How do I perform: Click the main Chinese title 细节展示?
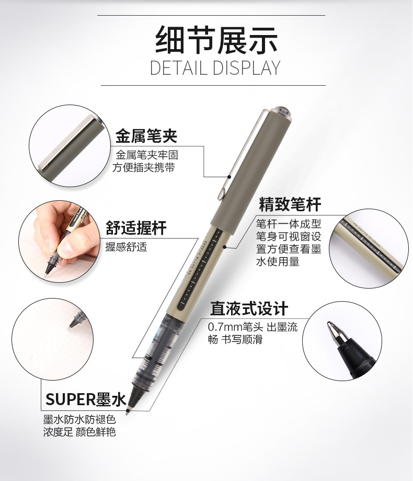tap(216, 40)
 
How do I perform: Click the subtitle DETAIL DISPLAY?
tap(215, 68)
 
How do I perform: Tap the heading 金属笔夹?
tap(146, 135)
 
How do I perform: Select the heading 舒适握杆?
tap(136, 227)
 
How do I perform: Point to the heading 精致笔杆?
tap(290, 204)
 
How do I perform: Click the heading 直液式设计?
tap(249, 308)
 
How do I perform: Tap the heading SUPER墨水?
tap(86, 399)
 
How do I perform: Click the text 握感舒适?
tap(126, 247)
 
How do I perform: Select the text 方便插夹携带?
tap(144, 167)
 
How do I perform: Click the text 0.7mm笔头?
tap(235, 327)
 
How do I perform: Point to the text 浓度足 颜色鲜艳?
tap(79, 432)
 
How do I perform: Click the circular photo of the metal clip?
tap(70, 146)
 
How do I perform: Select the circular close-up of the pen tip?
tap(342, 341)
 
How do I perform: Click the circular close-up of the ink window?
tap(369, 248)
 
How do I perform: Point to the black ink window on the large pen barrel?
tap(200, 269)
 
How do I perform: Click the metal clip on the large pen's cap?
tap(242, 154)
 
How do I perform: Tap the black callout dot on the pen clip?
tap(229, 177)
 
